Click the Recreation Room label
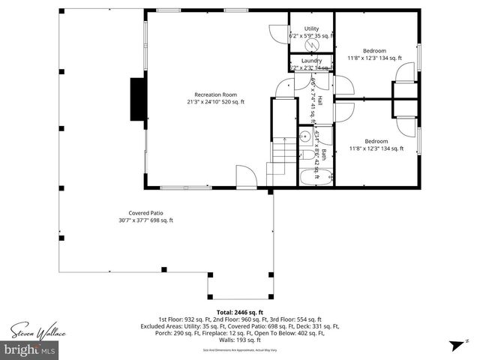(x=215, y=94)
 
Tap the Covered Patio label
(x=145, y=212)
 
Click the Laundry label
(x=311, y=61)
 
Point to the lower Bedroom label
(x=376, y=141)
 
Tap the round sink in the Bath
(x=304, y=137)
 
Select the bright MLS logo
(x=30, y=350)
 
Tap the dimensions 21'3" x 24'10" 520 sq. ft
(x=215, y=102)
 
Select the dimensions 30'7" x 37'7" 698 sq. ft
(x=145, y=220)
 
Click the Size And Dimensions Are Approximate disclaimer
(x=239, y=350)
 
